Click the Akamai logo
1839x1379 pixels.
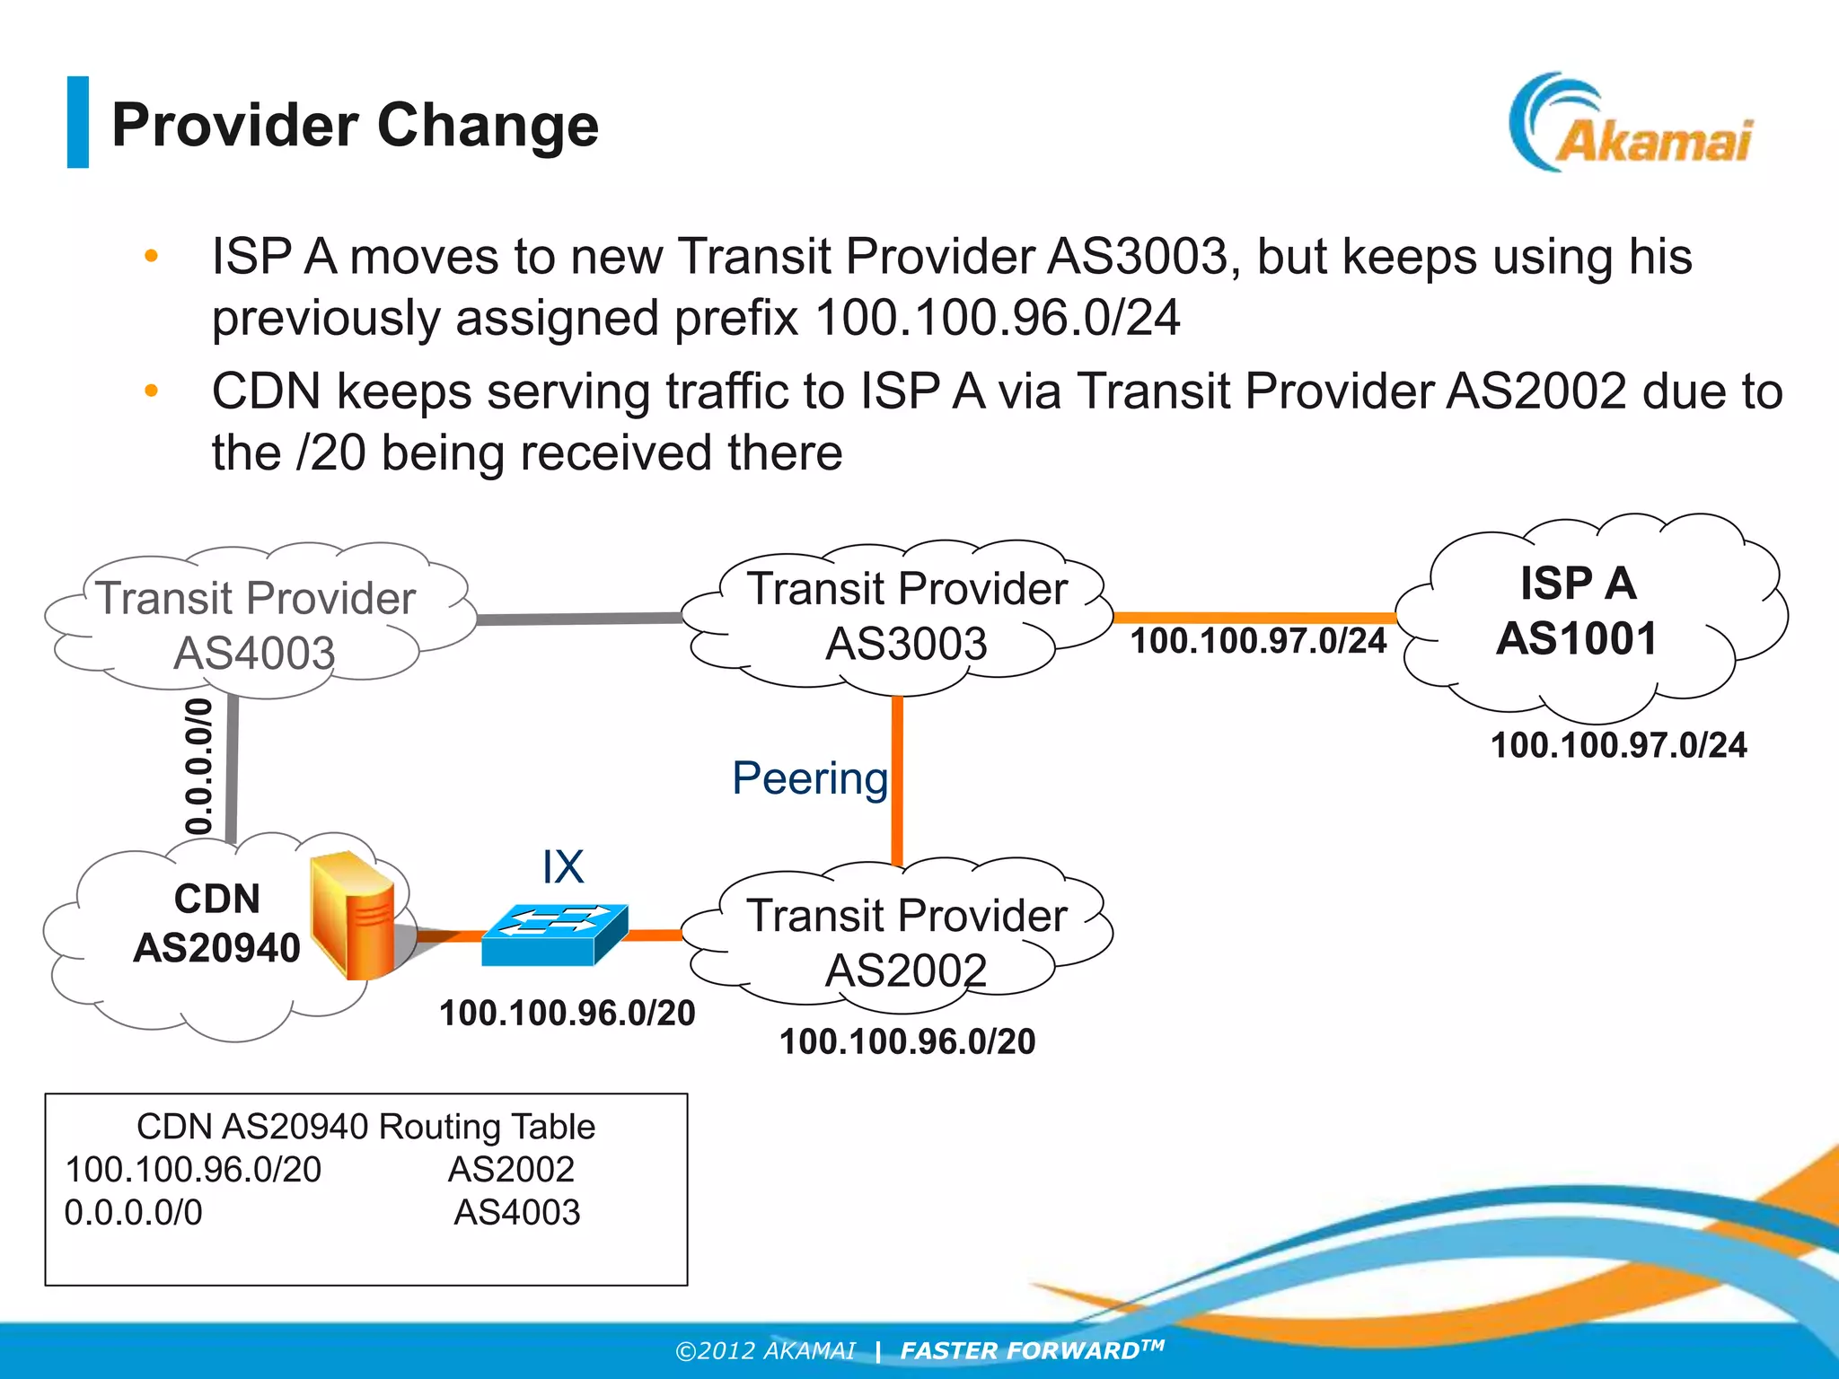(1630, 126)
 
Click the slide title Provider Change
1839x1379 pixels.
(355, 125)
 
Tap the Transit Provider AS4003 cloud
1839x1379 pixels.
(256, 624)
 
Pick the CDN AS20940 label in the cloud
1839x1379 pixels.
(216, 923)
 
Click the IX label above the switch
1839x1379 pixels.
(563, 867)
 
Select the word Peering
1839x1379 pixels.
(809, 777)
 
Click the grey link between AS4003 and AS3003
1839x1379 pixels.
(579, 619)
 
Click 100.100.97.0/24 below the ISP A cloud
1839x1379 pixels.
(1618, 745)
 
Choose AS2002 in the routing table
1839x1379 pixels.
(511, 1169)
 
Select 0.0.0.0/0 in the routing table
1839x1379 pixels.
(134, 1212)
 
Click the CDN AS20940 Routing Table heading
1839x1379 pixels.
(365, 1127)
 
